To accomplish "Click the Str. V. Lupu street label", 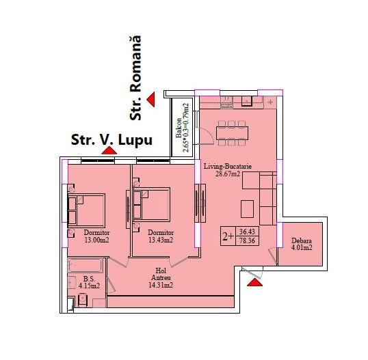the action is pos(111,140).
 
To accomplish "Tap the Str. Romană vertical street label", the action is pos(135,78).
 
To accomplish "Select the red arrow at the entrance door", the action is pos(255,282).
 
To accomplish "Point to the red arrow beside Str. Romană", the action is pos(151,99).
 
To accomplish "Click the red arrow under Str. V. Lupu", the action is pos(109,150).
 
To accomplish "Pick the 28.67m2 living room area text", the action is pos(228,174).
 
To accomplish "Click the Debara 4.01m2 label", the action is pos(302,244).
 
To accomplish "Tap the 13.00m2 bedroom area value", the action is pos(97,240).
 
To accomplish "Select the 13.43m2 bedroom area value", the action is pos(161,240).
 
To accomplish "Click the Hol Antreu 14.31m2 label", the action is pos(161,278).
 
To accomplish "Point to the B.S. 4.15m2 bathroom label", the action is pos(89,282).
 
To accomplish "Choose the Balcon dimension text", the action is pos(183,128).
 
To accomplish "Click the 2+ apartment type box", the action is pos(228,236).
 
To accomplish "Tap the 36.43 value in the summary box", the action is pos(247,232).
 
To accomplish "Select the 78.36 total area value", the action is pos(247,240).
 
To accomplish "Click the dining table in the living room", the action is pos(232,133).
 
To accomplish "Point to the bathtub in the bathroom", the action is pos(86,266).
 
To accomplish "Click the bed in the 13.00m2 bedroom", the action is pos(86,210).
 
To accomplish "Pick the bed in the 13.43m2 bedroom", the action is pos(151,205).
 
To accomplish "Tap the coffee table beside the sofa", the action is pos(248,209).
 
